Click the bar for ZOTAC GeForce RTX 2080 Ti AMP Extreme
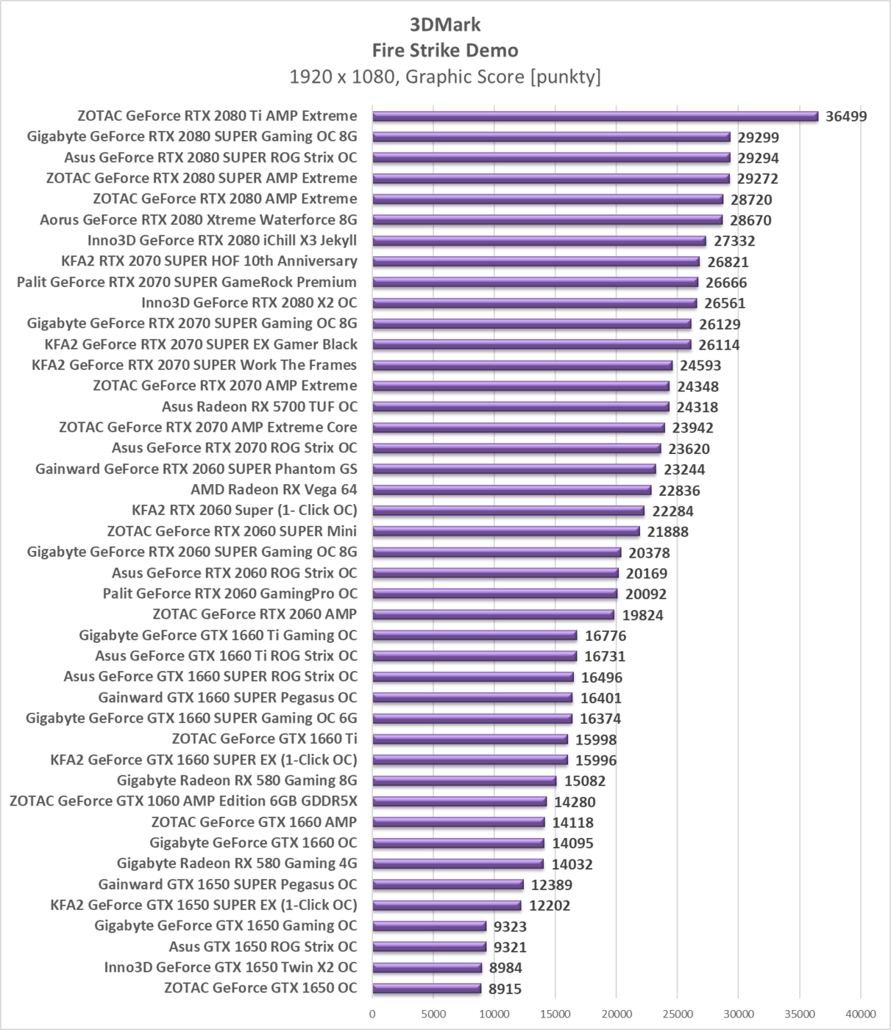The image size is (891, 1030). [x=595, y=116]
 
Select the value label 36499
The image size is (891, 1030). [x=846, y=116]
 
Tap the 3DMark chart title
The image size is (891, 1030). [x=445, y=24]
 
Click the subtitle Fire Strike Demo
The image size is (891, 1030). [x=445, y=50]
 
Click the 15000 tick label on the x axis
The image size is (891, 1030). [x=555, y=1014]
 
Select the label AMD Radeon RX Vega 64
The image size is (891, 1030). [x=274, y=489]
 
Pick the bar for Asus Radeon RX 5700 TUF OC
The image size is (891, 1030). [x=521, y=407]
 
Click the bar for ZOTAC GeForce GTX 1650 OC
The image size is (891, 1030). [x=427, y=988]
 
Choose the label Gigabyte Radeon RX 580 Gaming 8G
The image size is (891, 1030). [x=237, y=780]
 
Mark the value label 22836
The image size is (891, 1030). [x=679, y=491]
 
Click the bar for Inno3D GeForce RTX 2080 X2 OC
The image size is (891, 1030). [x=534, y=303]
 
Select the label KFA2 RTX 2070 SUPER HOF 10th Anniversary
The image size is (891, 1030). [x=210, y=260]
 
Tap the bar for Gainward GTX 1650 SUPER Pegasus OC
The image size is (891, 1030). [x=448, y=884]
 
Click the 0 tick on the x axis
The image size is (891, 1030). [x=373, y=1014]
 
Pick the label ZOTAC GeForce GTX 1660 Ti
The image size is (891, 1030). [x=265, y=739]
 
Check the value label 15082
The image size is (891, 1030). [x=585, y=781]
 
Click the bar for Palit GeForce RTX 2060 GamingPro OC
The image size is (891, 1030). [x=495, y=594]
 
